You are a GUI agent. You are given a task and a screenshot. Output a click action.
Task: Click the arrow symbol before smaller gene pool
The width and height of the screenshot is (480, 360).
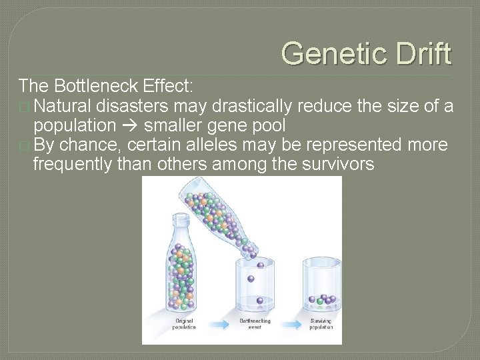pyautogui.click(x=130, y=126)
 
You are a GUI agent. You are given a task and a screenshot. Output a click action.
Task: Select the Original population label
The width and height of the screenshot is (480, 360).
pyautogui.click(x=183, y=324)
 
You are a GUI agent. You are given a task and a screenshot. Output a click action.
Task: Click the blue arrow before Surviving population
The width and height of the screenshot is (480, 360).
pyautogui.click(x=289, y=324)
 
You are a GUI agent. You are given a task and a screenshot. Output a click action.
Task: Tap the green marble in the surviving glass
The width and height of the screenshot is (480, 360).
pyautogui.click(x=319, y=301)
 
